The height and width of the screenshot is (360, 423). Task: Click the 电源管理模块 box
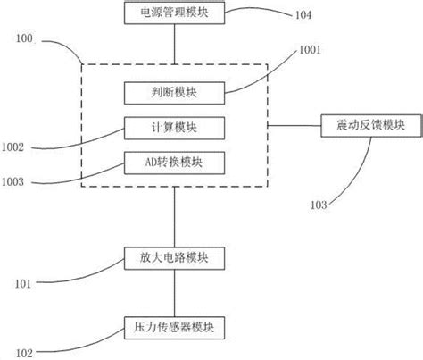pos(174,13)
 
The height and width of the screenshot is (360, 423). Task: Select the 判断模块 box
pos(174,90)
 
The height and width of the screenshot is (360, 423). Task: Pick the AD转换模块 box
pos(174,163)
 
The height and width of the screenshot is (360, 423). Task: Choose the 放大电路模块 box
pos(174,259)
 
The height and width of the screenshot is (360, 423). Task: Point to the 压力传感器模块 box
pos(174,327)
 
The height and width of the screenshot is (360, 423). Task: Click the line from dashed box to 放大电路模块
pos(174,216)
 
